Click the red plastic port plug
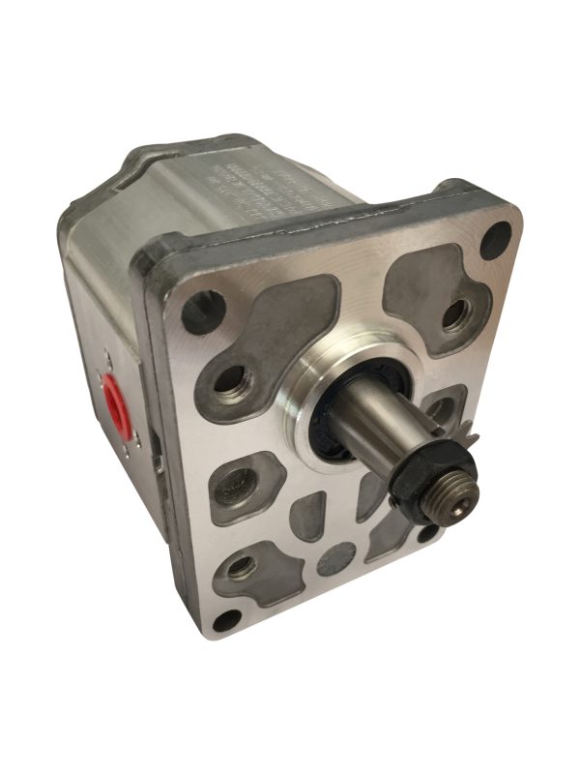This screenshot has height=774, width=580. pyautogui.click(x=114, y=401)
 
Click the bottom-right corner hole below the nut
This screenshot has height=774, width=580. pyautogui.click(x=426, y=530)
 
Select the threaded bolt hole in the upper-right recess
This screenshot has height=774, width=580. pyautogui.click(x=452, y=313)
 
